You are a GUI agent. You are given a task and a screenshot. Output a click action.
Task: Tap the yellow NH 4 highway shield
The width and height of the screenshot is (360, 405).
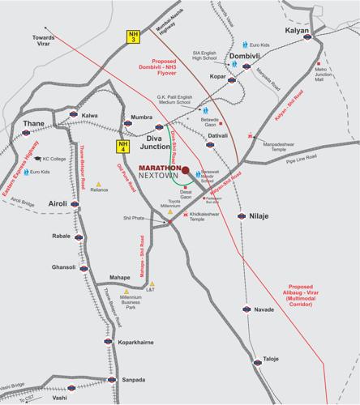tap(119, 147)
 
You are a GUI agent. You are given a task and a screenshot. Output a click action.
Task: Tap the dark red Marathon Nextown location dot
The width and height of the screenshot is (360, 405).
tap(186, 170)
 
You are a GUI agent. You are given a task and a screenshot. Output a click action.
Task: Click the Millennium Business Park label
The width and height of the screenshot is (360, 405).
tap(131, 303)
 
